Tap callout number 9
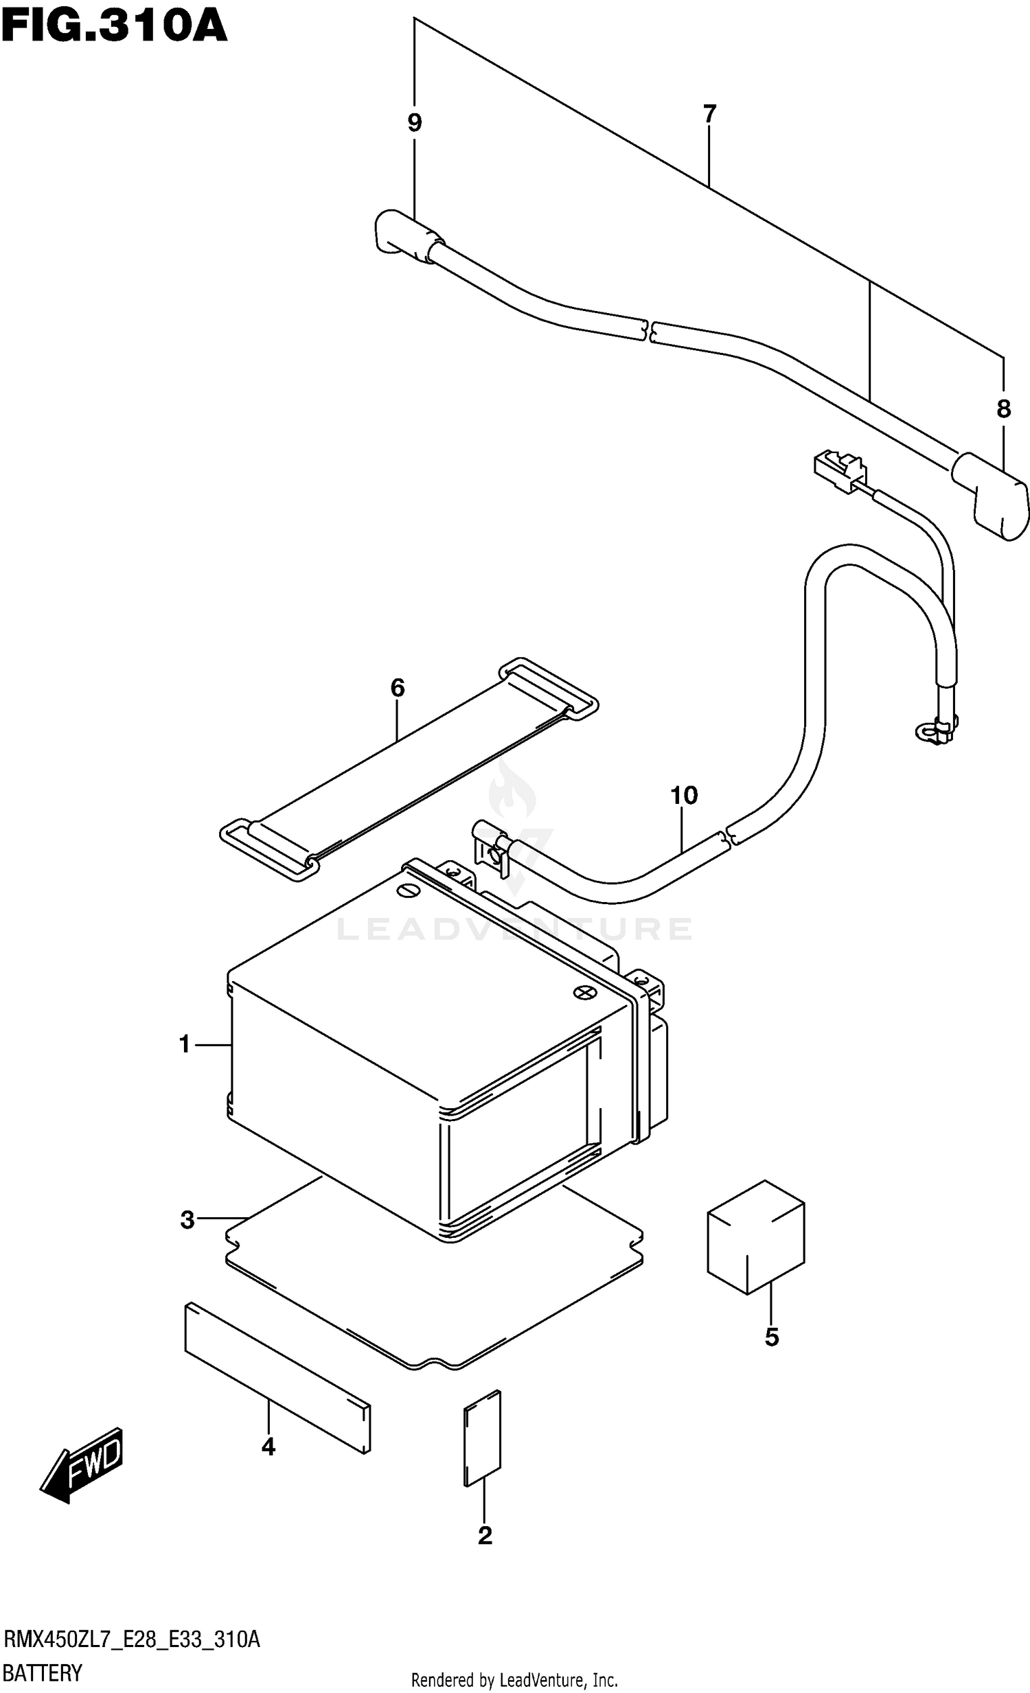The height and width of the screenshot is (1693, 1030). click(414, 124)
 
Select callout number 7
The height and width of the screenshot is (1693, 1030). click(710, 114)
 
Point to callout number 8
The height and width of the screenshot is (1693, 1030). click(1003, 409)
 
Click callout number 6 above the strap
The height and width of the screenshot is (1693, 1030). click(398, 688)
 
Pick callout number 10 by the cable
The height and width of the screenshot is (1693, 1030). click(684, 796)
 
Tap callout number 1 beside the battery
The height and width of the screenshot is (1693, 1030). click(184, 1044)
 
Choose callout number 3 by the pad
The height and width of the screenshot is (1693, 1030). click(187, 1221)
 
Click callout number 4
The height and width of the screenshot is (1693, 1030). click(268, 1447)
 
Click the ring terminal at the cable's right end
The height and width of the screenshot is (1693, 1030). click(926, 732)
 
